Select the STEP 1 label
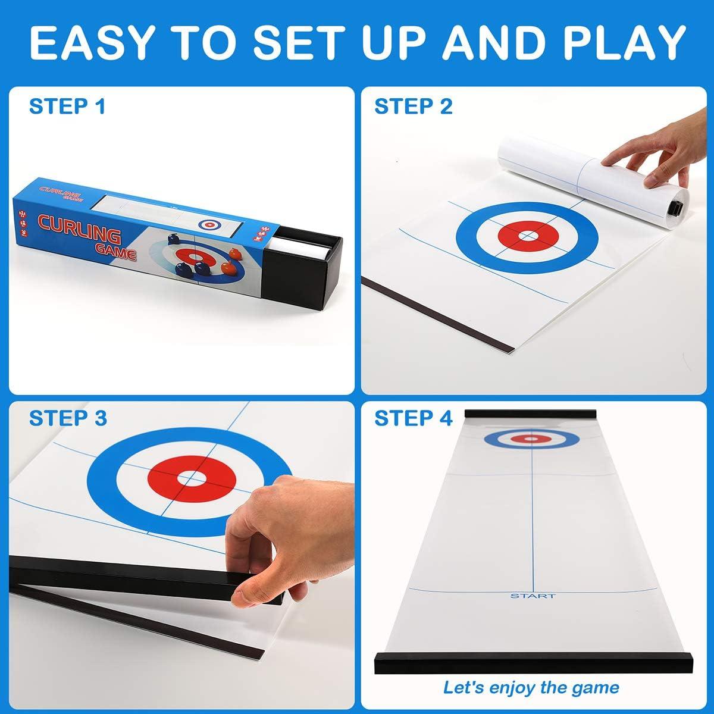click(x=67, y=107)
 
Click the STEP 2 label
click(x=414, y=107)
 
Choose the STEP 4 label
click(x=414, y=418)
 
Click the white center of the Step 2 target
click(x=526, y=236)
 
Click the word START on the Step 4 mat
click(x=533, y=596)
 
